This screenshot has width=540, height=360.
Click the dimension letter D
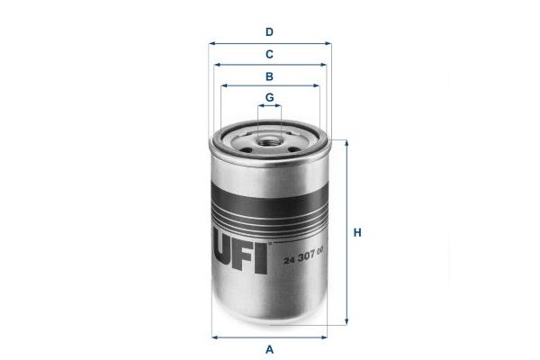(x=269, y=32)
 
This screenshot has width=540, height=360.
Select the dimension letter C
(x=269, y=54)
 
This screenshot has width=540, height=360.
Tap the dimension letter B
(x=269, y=76)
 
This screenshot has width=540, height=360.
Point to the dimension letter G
(x=270, y=97)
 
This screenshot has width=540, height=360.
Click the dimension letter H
(x=357, y=232)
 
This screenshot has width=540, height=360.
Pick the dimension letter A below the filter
(x=269, y=349)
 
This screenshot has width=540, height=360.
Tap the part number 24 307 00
(x=303, y=256)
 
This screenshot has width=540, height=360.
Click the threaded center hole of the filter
(x=270, y=141)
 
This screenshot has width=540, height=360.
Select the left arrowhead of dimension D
(x=211, y=44)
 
